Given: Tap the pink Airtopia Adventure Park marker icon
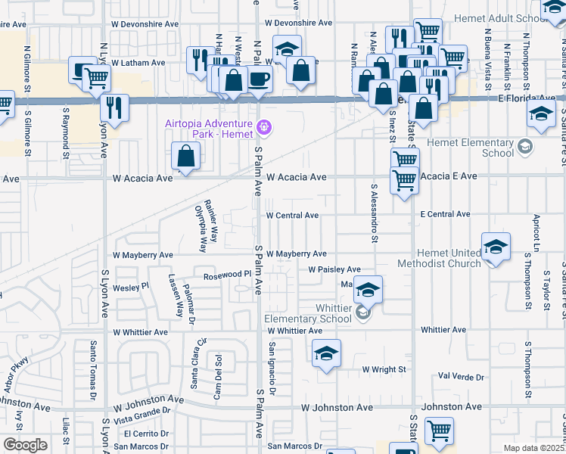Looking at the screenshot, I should (263, 126).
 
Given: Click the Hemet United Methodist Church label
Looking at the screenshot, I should (448, 258).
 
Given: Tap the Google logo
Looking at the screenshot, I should (25, 445).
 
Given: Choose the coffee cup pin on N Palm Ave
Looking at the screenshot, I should (259, 78).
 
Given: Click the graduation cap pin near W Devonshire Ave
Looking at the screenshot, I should (287, 49).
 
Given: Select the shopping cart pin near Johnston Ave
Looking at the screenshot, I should (439, 431).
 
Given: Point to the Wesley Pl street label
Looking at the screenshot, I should (131, 288).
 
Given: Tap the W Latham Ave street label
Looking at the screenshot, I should (138, 63).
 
